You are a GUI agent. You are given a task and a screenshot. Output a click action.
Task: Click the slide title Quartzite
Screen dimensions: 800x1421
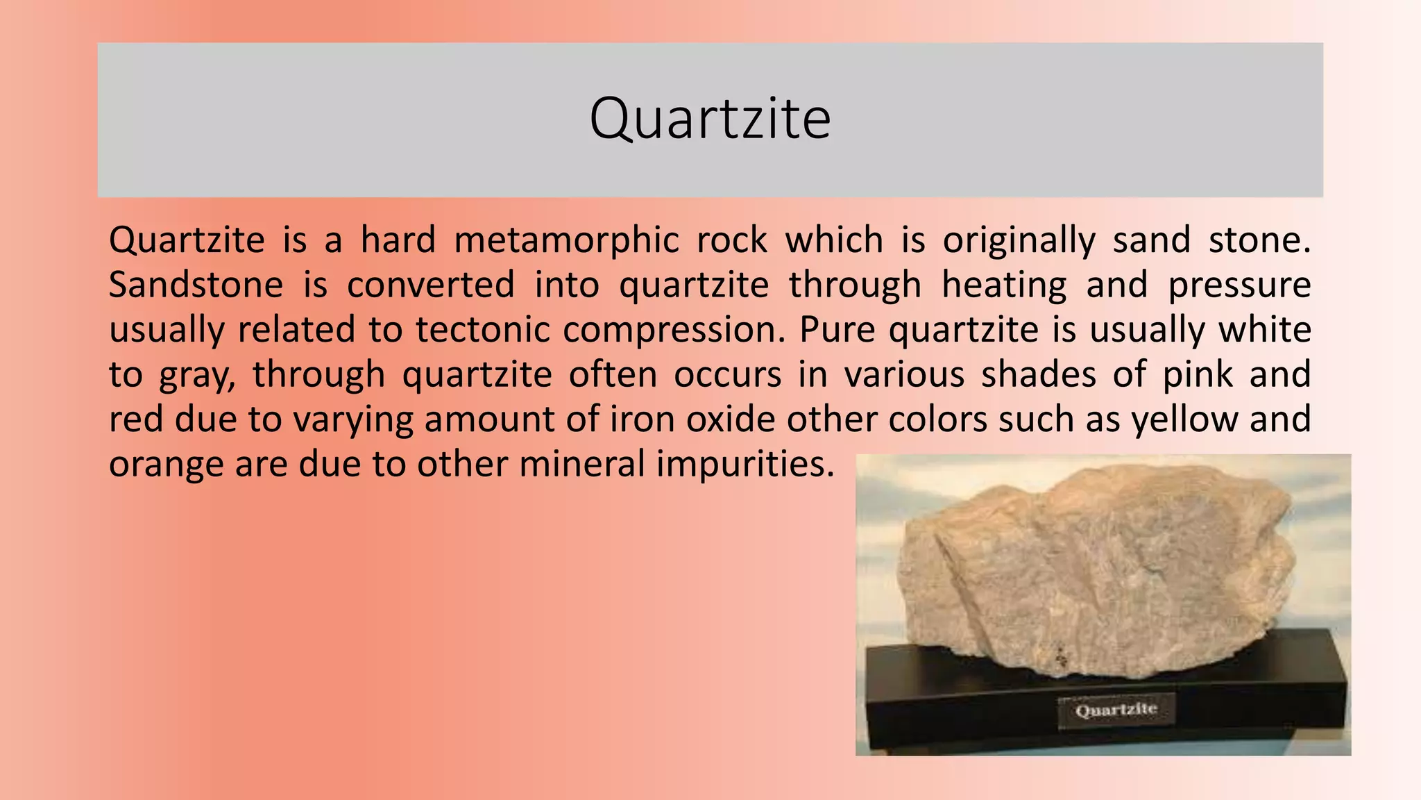click(710, 119)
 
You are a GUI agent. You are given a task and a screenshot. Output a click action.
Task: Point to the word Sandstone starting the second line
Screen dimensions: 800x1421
click(196, 285)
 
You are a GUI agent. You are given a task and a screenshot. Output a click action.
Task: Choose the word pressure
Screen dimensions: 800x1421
click(1239, 285)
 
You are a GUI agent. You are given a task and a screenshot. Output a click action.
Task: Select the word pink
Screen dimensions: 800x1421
click(1198, 375)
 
